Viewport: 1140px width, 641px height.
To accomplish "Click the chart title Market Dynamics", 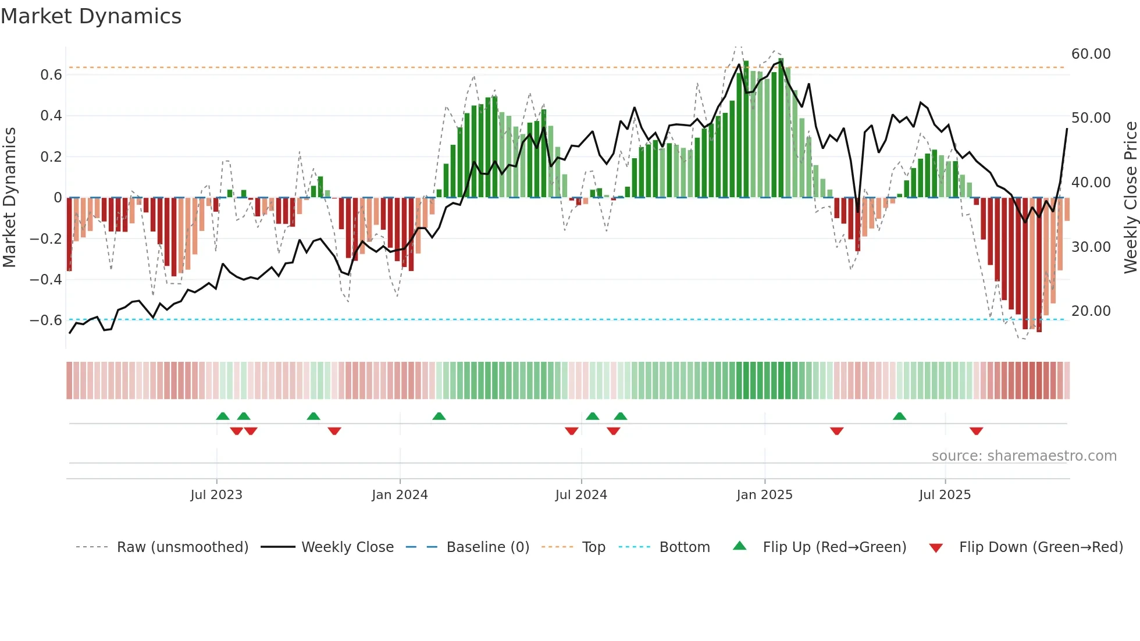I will click(x=91, y=16).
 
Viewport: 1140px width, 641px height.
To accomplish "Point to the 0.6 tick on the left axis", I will click(x=51, y=75).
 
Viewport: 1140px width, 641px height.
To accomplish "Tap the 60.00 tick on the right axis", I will click(x=1091, y=54).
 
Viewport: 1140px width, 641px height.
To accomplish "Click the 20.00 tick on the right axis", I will click(x=1091, y=311).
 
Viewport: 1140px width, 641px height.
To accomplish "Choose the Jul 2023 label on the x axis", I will click(x=216, y=495).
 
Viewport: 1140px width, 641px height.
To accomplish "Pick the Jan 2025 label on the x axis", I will click(x=764, y=495).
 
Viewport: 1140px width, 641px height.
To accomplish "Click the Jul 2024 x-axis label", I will click(x=581, y=495).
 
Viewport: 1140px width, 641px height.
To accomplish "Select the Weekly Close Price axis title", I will click(x=1130, y=198).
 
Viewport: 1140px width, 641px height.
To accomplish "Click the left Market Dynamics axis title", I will click(x=9, y=198).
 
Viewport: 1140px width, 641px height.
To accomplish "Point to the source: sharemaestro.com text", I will click(x=1024, y=456).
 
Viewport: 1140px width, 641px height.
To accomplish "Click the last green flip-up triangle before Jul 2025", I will click(x=899, y=416).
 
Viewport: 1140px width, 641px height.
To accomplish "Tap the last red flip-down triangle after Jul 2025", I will click(x=976, y=431).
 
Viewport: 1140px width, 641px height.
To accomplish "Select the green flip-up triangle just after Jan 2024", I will click(x=439, y=416).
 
